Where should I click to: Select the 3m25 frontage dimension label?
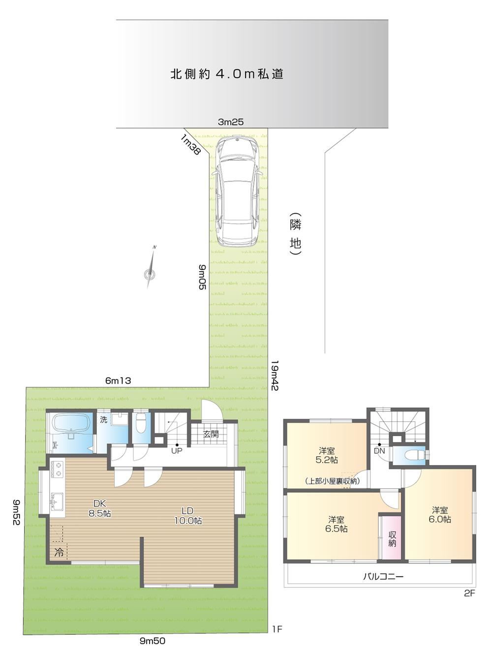[231, 122]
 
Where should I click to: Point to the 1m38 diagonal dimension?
[190, 144]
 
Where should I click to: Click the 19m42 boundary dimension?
[275, 375]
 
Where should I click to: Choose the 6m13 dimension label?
[118, 381]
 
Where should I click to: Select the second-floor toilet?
[414, 455]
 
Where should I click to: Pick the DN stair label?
[379, 451]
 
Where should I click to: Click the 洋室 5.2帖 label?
[327, 455]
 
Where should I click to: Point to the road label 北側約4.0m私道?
[227, 74]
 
